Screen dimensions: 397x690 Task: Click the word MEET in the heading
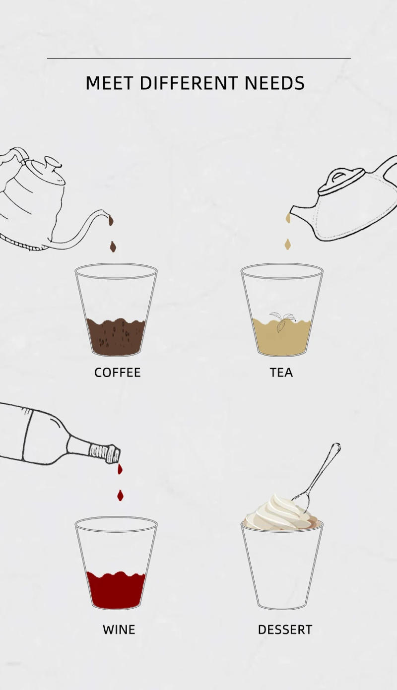pyautogui.click(x=109, y=83)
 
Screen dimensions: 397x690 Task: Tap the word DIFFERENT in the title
pyautogui.click(x=189, y=83)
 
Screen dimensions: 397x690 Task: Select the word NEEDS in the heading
pyautogui.click(x=274, y=83)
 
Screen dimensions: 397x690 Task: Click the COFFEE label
pyautogui.click(x=118, y=373)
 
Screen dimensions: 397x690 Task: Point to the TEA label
pyautogui.click(x=281, y=373)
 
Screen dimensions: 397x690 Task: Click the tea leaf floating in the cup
pyautogui.click(x=282, y=321)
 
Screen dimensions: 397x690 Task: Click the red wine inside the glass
pyautogui.click(x=116, y=590)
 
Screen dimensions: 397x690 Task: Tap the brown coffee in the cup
pyautogui.click(x=116, y=337)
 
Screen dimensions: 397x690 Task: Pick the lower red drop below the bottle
pyautogui.click(x=120, y=496)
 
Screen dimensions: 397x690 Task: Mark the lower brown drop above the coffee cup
pyautogui.click(x=113, y=247)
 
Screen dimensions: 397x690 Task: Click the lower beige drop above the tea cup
pyautogui.click(x=288, y=244)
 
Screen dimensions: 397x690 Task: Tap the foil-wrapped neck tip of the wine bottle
pyautogui.click(x=105, y=453)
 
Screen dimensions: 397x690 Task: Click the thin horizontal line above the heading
pyautogui.click(x=199, y=58)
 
